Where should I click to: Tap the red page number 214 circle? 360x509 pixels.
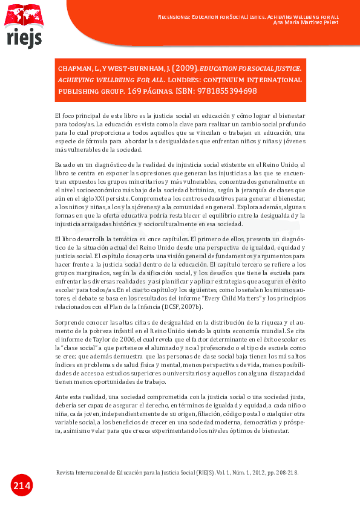pos(21,485)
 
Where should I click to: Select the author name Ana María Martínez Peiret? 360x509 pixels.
pos(306,22)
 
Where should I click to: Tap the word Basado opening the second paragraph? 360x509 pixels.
pos(66,165)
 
